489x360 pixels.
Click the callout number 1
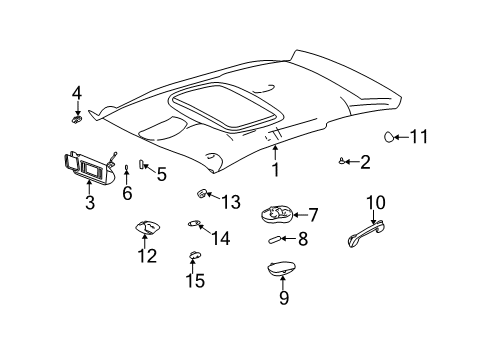coord(275,170)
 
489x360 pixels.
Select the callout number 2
coord(365,162)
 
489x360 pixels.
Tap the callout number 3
coord(89,203)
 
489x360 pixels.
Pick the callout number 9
coord(282,297)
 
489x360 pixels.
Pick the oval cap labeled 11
coord(391,137)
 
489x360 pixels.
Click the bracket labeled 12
coord(146,229)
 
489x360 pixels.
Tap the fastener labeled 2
coord(343,161)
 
